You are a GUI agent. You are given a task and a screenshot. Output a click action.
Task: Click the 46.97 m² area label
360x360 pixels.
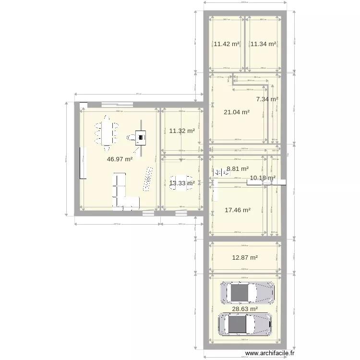120,159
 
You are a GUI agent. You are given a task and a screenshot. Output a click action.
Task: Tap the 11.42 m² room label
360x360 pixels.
227,44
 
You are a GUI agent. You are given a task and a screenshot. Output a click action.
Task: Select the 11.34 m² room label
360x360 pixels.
263,44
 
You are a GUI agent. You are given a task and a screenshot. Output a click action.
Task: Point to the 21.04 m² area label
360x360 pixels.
237,112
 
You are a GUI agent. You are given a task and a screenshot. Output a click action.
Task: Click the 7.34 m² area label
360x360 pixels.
267,99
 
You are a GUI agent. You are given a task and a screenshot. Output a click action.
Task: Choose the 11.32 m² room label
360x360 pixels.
182,131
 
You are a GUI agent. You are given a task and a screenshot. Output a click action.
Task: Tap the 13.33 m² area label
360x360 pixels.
182,183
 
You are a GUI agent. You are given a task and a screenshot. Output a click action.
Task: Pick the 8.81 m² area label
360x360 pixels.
238,169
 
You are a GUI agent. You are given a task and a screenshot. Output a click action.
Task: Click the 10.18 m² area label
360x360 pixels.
262,178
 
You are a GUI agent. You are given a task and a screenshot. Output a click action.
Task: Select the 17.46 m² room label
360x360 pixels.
238,210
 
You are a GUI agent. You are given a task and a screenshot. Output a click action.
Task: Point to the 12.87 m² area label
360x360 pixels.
245,257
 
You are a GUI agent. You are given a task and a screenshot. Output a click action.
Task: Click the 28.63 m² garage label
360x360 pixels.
245,309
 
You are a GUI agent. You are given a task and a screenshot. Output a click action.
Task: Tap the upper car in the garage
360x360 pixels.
247,292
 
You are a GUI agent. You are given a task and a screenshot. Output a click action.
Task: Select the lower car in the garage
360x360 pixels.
245,324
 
